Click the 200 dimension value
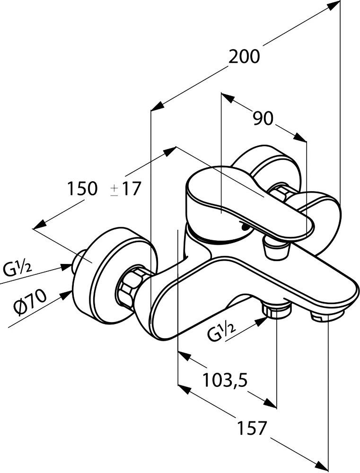click(244, 57)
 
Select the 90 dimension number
click(263, 118)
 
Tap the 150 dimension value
click(81, 189)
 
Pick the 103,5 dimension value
click(225, 380)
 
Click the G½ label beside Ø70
click(18, 272)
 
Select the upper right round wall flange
click(267, 168)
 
